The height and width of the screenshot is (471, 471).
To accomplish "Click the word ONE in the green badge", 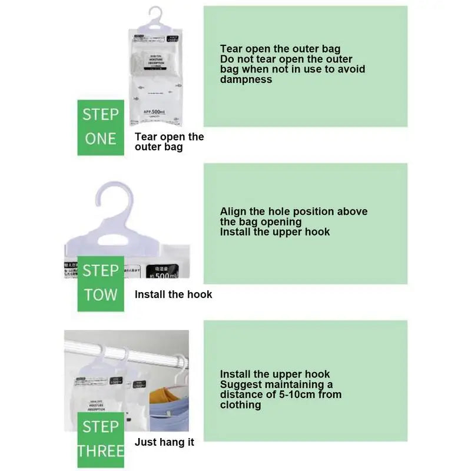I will point(101,139).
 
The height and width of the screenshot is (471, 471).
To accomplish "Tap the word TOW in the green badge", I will point(101,294).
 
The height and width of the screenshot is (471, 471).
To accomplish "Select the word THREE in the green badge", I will point(101,451).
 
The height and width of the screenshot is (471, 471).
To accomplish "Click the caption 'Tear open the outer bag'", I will point(169,142).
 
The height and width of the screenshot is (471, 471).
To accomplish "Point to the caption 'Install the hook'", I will point(173,294).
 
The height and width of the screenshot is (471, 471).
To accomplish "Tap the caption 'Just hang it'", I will point(164,442).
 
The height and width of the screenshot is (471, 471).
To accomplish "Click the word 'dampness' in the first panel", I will point(246,79).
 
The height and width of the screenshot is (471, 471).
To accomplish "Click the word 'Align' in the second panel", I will point(234,211).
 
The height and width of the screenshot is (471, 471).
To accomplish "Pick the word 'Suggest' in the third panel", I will point(241,384).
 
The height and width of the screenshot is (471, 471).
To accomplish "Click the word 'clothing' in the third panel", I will point(240,405).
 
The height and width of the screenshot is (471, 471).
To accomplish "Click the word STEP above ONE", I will point(101,114).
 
